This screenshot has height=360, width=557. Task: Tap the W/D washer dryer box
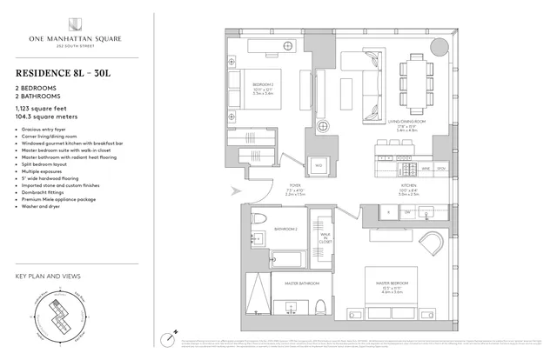coord(319,164)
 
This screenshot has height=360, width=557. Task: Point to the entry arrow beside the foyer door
coord(234,192)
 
